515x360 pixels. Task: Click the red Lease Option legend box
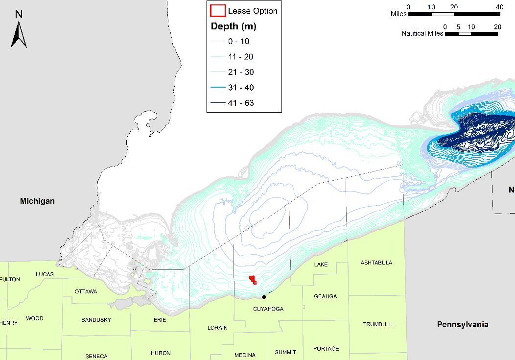pyautogui.click(x=218, y=11)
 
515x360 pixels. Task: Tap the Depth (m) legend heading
pyautogui.click(x=234, y=26)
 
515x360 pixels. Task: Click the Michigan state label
pyautogui.click(x=37, y=201)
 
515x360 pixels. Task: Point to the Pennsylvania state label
pyautogui.click(x=462, y=324)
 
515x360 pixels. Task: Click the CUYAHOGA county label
pyautogui.click(x=268, y=309)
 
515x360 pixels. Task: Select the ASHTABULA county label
pyautogui.click(x=376, y=263)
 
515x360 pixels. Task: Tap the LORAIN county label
pyautogui.click(x=217, y=328)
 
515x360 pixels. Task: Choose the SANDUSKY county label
pyautogui.click(x=96, y=320)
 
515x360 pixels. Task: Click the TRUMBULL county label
pyautogui.click(x=377, y=324)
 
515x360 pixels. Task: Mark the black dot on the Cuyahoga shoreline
pyautogui.click(x=264, y=297)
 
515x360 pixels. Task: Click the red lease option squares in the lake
pyautogui.click(x=253, y=280)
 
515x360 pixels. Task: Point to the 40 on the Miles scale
pyautogui.click(x=499, y=7)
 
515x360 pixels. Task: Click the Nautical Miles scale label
pyautogui.click(x=422, y=33)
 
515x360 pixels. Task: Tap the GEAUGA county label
pyautogui.click(x=325, y=296)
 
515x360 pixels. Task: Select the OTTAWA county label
pyautogui.click(x=86, y=291)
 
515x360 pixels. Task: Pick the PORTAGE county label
pyautogui.click(x=326, y=349)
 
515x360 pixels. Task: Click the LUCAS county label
pyautogui.click(x=45, y=274)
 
